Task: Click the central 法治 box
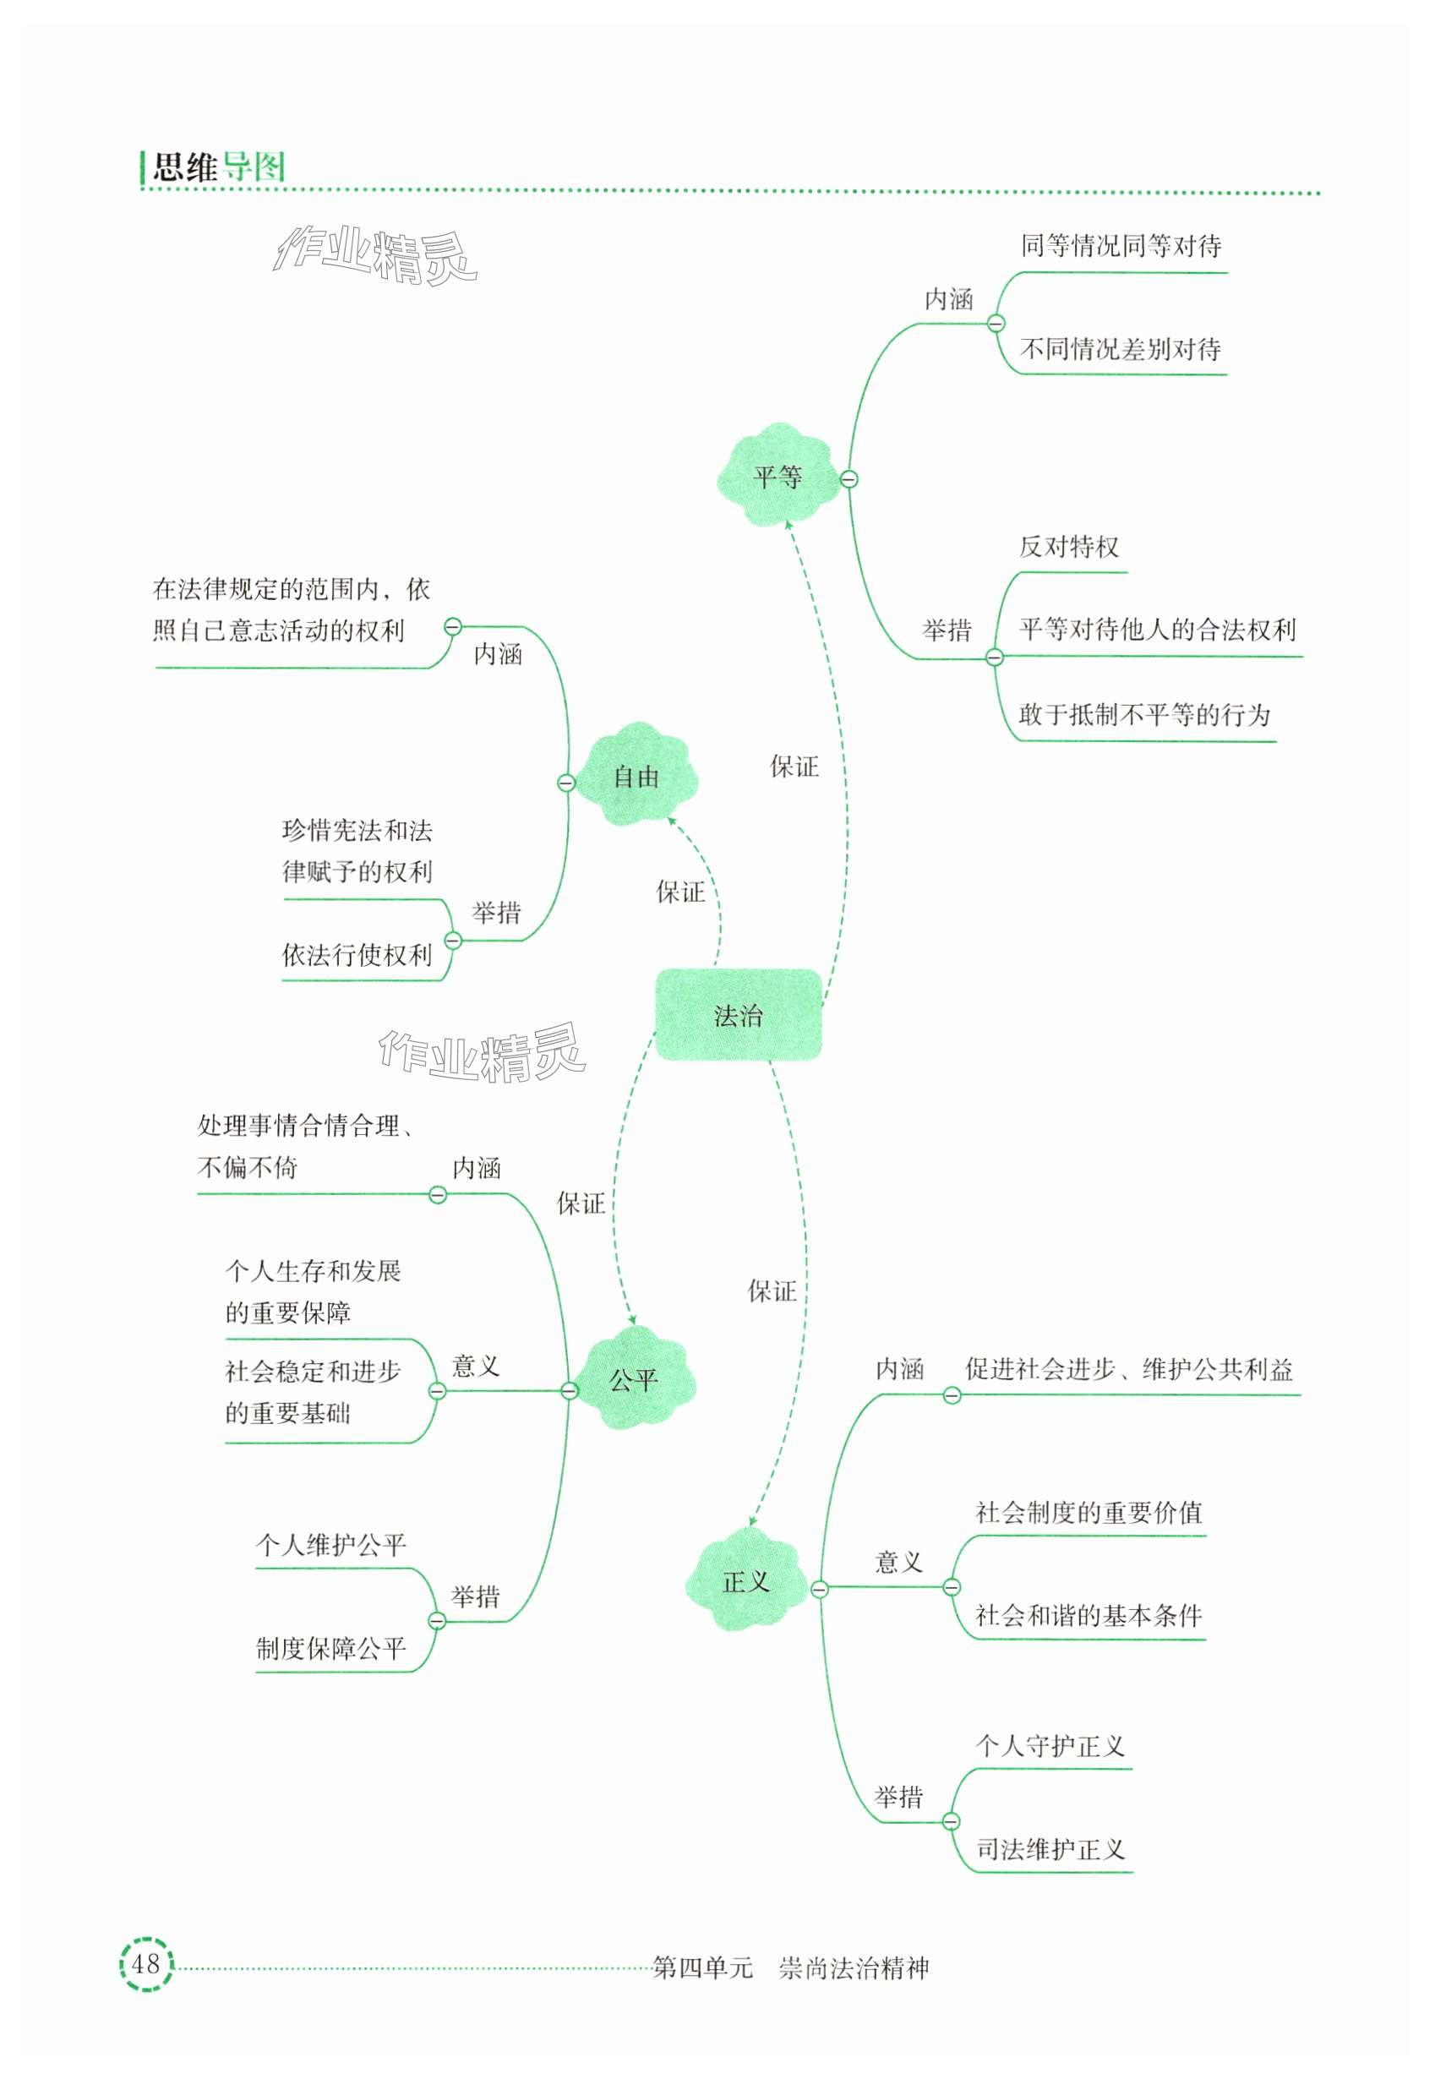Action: [738, 1015]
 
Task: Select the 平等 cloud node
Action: [778, 476]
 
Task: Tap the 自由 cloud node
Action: [636, 776]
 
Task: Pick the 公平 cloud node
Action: [634, 1379]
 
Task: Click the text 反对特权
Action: [1068, 547]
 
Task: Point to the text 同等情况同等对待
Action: [1121, 245]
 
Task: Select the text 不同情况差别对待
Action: [1121, 349]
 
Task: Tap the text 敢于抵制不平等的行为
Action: [1143, 715]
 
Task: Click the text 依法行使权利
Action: [357, 955]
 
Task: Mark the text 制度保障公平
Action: [331, 1648]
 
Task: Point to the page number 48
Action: [145, 1963]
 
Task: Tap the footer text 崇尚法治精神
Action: [854, 1968]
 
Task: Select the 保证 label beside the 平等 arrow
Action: [794, 767]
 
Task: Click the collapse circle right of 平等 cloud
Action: [848, 479]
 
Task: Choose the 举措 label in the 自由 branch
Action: [496, 913]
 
